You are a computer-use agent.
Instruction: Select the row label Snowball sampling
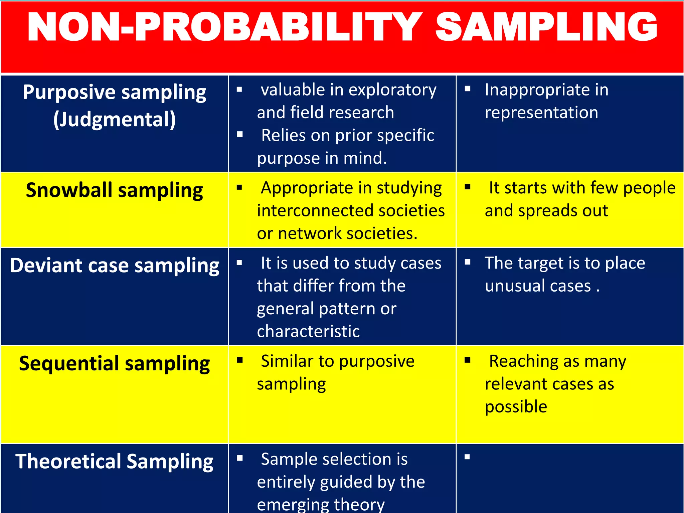[114, 190]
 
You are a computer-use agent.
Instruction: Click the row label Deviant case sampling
[114, 266]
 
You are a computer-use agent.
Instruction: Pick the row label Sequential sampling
[114, 363]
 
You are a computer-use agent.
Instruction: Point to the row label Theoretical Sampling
[114, 462]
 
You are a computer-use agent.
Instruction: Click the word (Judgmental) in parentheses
[114, 120]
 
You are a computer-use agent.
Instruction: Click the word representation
[541, 113]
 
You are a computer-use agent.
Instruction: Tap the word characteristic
[308, 331]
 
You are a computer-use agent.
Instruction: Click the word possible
[516, 407]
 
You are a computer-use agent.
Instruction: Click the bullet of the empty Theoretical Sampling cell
[467, 457]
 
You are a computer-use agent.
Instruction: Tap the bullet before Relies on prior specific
[239, 135]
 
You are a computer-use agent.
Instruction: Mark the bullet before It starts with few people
[468, 187]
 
